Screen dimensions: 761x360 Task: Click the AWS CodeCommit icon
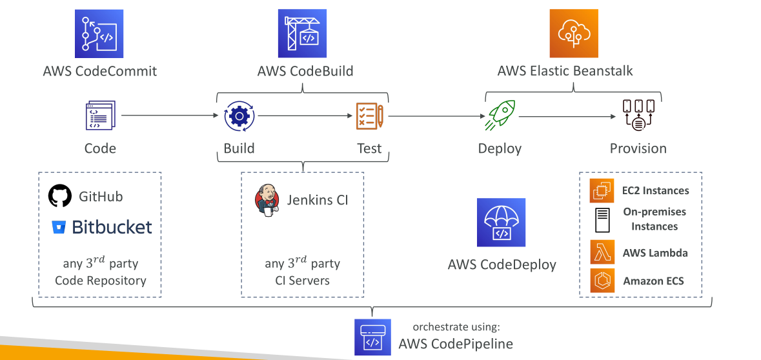pos(99,34)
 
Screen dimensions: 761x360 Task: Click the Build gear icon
pos(239,116)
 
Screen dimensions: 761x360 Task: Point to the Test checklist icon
pos(370,115)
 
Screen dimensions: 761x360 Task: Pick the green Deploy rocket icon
pos(500,116)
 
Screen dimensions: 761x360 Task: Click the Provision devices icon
pos(638,115)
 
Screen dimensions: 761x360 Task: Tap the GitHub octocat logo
pos(60,196)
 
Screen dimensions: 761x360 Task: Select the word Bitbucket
pos(112,226)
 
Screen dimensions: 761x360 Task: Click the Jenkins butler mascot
pos(267,201)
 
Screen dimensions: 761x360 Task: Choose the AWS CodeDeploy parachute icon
pos(501,222)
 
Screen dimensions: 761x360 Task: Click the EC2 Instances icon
pos(602,190)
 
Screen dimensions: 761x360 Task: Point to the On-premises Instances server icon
pos(602,220)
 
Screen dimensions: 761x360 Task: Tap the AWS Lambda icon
pos(602,252)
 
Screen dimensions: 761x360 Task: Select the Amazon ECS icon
pos(602,281)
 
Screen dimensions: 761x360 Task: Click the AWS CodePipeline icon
pos(372,337)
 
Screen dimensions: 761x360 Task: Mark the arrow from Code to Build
pos(170,115)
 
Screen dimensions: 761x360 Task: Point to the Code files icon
pos(101,115)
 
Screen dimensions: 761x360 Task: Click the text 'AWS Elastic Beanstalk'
pos(565,71)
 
